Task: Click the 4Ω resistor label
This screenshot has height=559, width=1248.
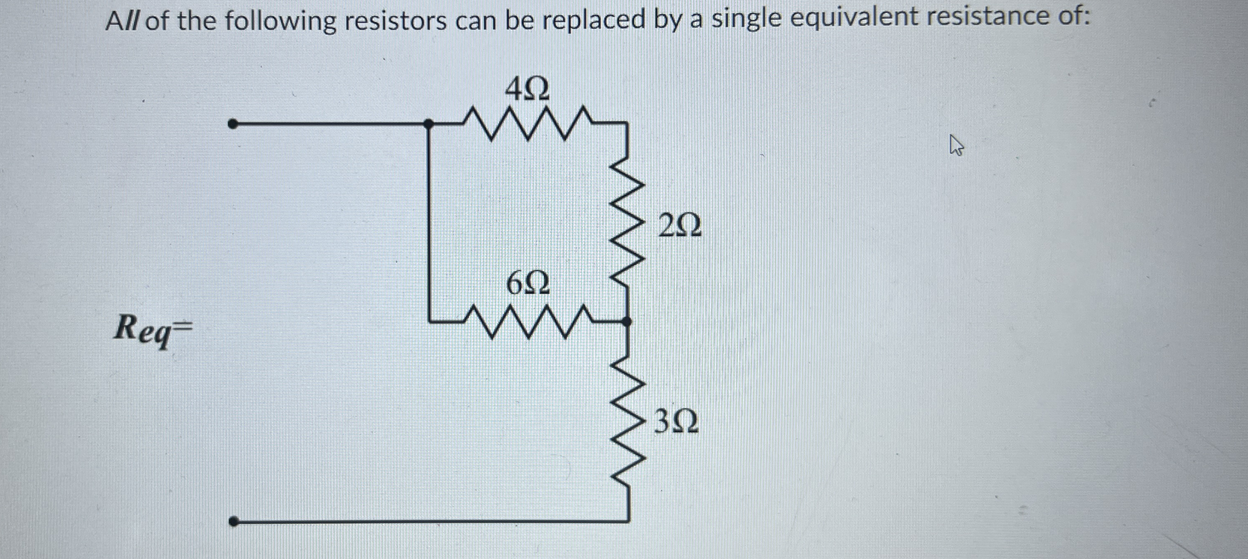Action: [x=527, y=90]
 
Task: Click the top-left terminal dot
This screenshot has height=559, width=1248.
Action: [x=233, y=124]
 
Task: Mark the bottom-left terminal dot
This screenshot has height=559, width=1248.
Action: [x=234, y=522]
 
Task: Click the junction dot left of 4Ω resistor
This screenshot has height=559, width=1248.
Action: [x=428, y=124]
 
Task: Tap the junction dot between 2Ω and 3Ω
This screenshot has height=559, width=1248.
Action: [x=626, y=321]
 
